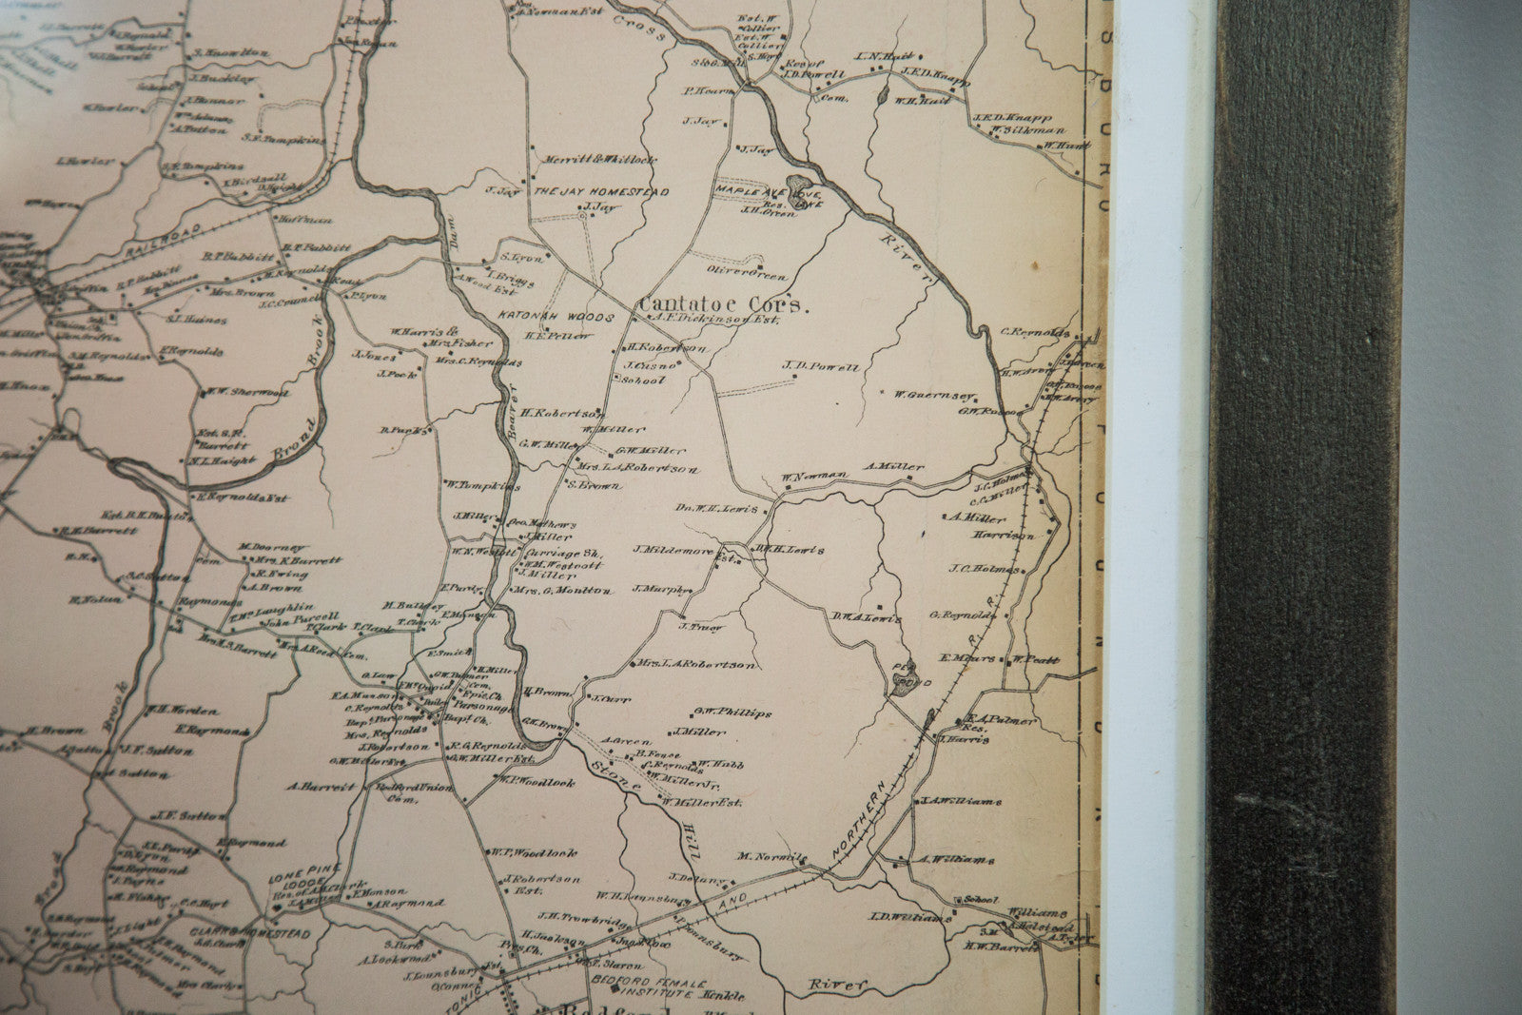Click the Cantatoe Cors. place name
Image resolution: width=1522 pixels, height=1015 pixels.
pyautogui.click(x=723, y=303)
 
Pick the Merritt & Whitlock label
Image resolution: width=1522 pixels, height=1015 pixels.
pyautogui.click(x=596, y=160)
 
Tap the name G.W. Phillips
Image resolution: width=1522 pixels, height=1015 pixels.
pyautogui.click(x=732, y=712)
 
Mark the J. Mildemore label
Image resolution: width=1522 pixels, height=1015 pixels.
pyautogui.click(x=673, y=549)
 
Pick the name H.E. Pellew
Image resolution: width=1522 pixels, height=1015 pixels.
pyautogui.click(x=558, y=336)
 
